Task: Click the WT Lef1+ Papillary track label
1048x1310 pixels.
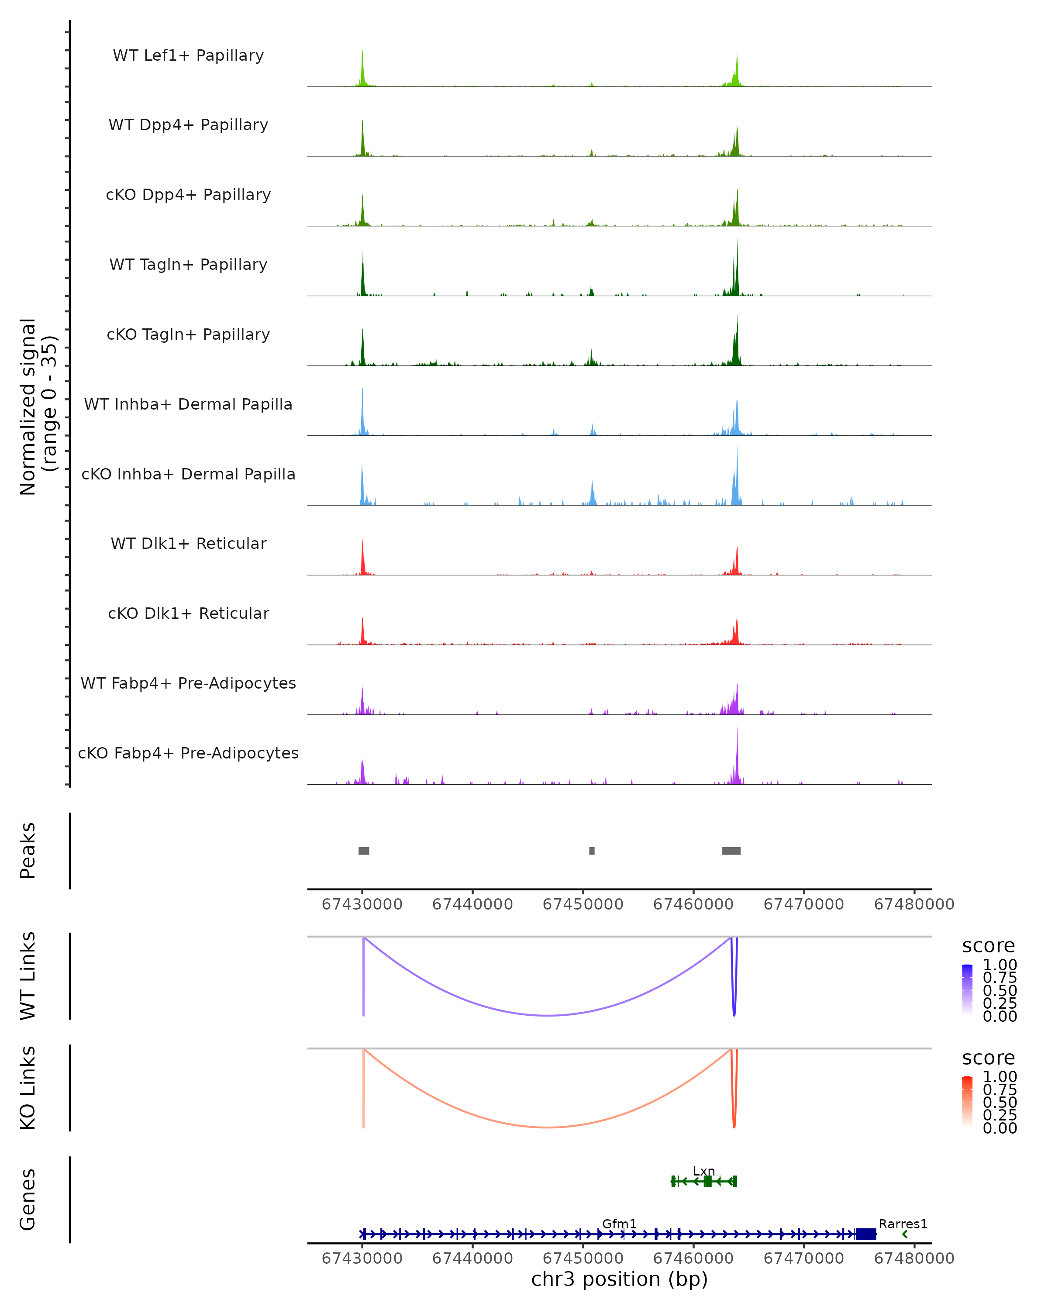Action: click(x=188, y=55)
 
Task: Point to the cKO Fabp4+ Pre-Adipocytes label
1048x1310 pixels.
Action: click(x=188, y=753)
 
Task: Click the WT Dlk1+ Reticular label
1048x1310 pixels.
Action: click(x=188, y=543)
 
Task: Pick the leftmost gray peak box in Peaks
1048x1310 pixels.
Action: click(x=364, y=851)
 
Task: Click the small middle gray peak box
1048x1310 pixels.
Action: click(x=592, y=851)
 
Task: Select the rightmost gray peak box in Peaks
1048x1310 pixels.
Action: click(x=731, y=851)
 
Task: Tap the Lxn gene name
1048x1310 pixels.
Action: click(x=703, y=1171)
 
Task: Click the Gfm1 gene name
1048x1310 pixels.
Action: click(x=619, y=1224)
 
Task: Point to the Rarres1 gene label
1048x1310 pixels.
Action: click(x=903, y=1224)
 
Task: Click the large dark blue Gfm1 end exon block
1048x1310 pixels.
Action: click(x=866, y=1234)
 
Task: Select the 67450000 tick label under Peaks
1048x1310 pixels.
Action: click(x=583, y=904)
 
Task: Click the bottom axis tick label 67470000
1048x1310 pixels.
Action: click(x=804, y=1258)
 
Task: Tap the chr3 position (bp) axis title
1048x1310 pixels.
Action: click(x=619, y=1279)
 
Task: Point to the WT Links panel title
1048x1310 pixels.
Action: click(x=28, y=976)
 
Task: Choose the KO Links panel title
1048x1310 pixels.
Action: click(x=28, y=1088)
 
